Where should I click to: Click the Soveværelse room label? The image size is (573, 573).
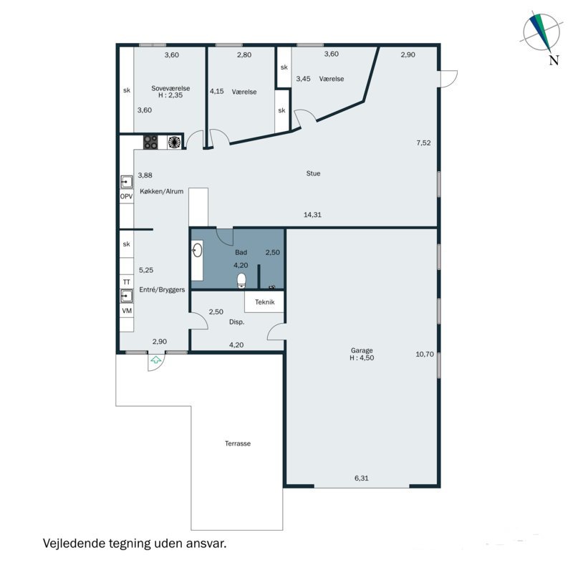pos(170,88)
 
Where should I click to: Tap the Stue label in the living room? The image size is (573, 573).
pos(313,173)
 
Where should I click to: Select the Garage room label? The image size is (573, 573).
pos(362,350)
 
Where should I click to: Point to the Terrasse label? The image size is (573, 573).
pos(238,443)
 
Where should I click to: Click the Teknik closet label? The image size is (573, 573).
pos(264,302)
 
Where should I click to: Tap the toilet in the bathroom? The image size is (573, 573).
pos(241,281)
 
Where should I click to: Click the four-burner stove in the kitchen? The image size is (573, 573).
pos(150,142)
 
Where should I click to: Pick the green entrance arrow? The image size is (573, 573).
pos(156,360)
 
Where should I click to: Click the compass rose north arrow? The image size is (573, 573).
pos(541,32)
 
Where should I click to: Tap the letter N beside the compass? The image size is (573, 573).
pos(554,60)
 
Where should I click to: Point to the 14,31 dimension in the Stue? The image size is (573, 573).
pos(312,215)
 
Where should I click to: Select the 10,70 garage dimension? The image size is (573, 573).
pos(425,354)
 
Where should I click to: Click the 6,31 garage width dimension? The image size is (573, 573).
pos(362,478)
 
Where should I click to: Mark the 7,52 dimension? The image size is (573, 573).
pos(423,143)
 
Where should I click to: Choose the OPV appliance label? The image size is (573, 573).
pos(127,196)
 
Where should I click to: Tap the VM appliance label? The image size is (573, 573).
pos(127,311)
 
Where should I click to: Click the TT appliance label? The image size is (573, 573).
pos(127,282)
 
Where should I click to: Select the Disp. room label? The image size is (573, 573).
pos(236,322)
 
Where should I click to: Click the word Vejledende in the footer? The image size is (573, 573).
pos(74,543)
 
